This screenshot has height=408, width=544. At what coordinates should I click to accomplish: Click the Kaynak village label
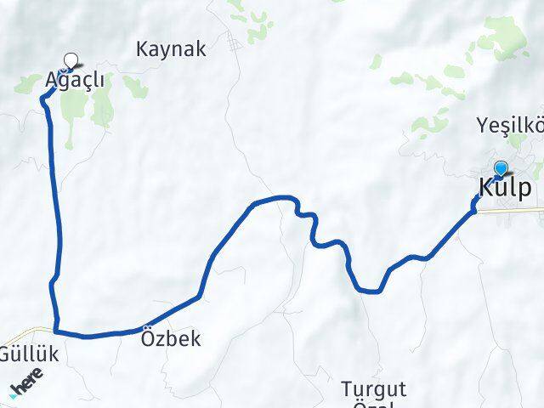click(171, 49)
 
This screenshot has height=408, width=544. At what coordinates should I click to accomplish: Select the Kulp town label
click(507, 188)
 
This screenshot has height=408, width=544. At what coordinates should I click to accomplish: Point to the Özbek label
click(172, 338)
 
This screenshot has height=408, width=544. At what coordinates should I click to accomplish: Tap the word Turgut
click(374, 389)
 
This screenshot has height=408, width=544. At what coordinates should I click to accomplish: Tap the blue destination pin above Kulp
click(501, 168)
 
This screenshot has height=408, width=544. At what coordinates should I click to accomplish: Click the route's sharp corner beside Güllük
click(56, 331)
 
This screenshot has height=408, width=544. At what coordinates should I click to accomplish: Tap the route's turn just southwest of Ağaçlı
click(44, 99)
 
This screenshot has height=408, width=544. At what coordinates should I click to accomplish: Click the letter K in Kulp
click(487, 188)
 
